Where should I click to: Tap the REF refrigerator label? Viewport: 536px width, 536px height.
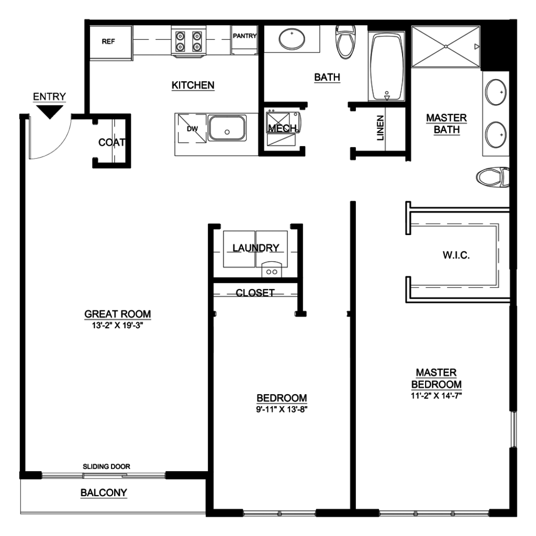pos(108,41)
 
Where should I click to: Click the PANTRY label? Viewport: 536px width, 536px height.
pos(245,36)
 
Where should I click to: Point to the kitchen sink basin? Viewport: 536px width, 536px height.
pos(227,128)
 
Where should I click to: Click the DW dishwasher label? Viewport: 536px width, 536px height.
pos(193,129)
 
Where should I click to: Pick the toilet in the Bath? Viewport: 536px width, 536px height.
pos(345,42)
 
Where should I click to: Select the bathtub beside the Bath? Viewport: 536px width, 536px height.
pos(387,66)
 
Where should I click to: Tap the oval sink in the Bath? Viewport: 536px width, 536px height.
pos(292,39)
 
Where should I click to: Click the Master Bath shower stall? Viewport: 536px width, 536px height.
pos(446,47)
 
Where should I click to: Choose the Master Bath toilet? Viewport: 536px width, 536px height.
pos(493,177)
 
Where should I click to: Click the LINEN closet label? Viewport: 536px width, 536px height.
pos(381,128)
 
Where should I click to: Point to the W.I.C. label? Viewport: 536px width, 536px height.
pos(456,255)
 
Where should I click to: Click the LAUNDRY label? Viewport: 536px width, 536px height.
pos(255,248)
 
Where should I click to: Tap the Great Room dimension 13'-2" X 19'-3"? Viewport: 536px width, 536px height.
pos(117,325)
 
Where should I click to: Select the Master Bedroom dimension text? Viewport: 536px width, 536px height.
pos(436,396)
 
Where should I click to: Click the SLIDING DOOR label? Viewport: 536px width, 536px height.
pos(106,466)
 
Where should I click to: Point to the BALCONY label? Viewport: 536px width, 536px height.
pos(104,493)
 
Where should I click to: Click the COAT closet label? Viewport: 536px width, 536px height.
pos(112,142)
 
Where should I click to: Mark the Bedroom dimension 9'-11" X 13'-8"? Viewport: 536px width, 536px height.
pos(282,409)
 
